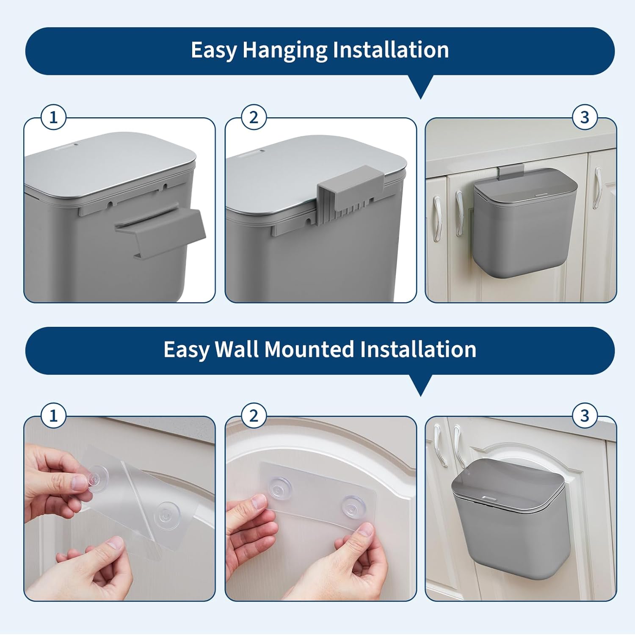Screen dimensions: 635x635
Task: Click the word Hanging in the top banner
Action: [285, 50]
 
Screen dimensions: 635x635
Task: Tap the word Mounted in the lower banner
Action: [309, 350]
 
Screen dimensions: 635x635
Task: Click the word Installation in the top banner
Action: [390, 50]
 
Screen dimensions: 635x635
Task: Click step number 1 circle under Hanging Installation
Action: [53, 117]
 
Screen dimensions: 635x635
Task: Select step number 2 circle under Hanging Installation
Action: [254, 117]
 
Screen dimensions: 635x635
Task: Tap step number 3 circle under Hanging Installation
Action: [585, 117]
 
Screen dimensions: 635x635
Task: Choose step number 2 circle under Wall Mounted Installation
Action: [254, 416]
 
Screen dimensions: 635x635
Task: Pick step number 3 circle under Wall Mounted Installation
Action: [585, 416]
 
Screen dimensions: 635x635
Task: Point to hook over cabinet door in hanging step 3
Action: [511, 172]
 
